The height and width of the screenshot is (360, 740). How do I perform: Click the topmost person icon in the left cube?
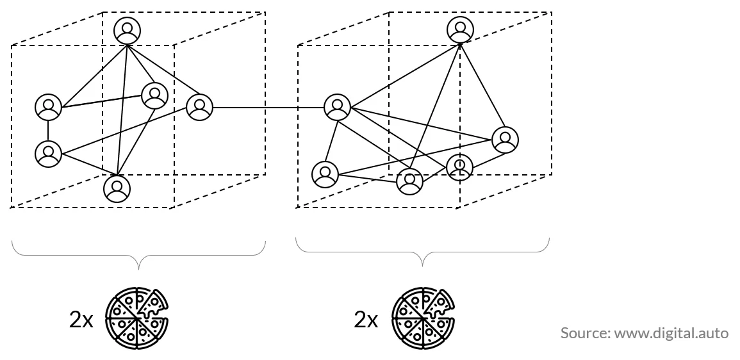[127, 30]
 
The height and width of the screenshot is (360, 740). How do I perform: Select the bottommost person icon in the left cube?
[117, 189]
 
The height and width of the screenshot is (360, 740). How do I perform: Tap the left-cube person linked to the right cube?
[200, 107]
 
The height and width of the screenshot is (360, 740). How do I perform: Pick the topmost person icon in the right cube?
[460, 29]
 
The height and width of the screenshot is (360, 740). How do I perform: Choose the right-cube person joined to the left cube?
[338, 107]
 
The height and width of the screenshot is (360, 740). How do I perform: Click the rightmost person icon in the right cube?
[505, 140]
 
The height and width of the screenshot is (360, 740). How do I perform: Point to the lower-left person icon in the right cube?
[325, 174]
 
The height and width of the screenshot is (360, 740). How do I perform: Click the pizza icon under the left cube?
[137, 318]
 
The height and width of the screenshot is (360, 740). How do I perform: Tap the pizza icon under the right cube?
[423, 318]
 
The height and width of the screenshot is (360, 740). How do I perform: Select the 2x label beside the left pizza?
[81, 320]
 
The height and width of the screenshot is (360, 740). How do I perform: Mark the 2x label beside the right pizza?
[366, 320]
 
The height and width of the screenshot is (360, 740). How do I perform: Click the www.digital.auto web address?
[671, 333]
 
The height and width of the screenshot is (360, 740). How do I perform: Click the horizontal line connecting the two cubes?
[268, 108]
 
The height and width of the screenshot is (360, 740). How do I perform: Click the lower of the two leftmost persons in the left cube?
[48, 154]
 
